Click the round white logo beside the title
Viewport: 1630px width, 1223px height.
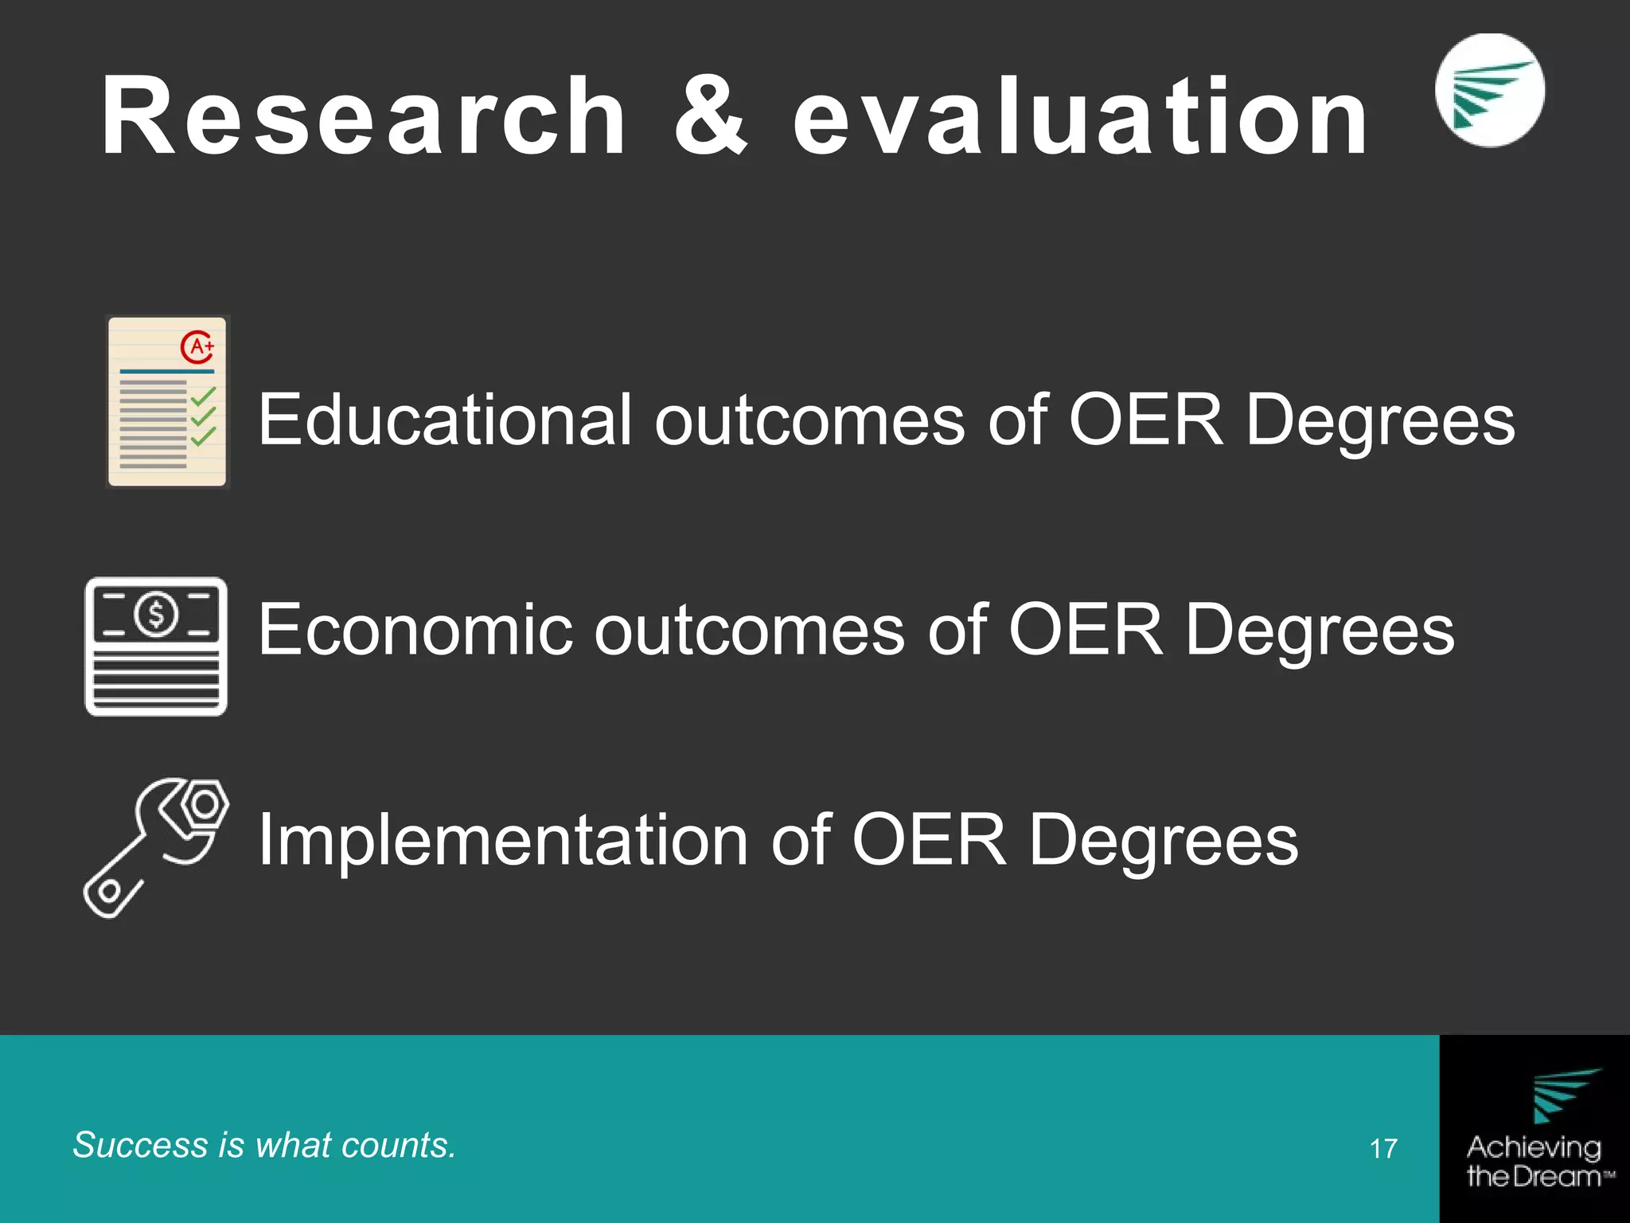[x=1489, y=90]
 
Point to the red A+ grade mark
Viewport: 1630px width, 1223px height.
[x=198, y=346]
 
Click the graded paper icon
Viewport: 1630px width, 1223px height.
[x=167, y=401]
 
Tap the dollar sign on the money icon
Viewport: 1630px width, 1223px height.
[x=156, y=614]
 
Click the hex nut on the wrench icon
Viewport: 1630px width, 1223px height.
[x=205, y=805]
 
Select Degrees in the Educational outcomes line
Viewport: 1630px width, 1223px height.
[x=1380, y=420]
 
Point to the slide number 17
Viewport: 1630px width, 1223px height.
[x=1383, y=1148]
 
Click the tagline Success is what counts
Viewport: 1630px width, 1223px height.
[x=264, y=1145]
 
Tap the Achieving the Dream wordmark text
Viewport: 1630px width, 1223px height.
[x=1534, y=1161]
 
